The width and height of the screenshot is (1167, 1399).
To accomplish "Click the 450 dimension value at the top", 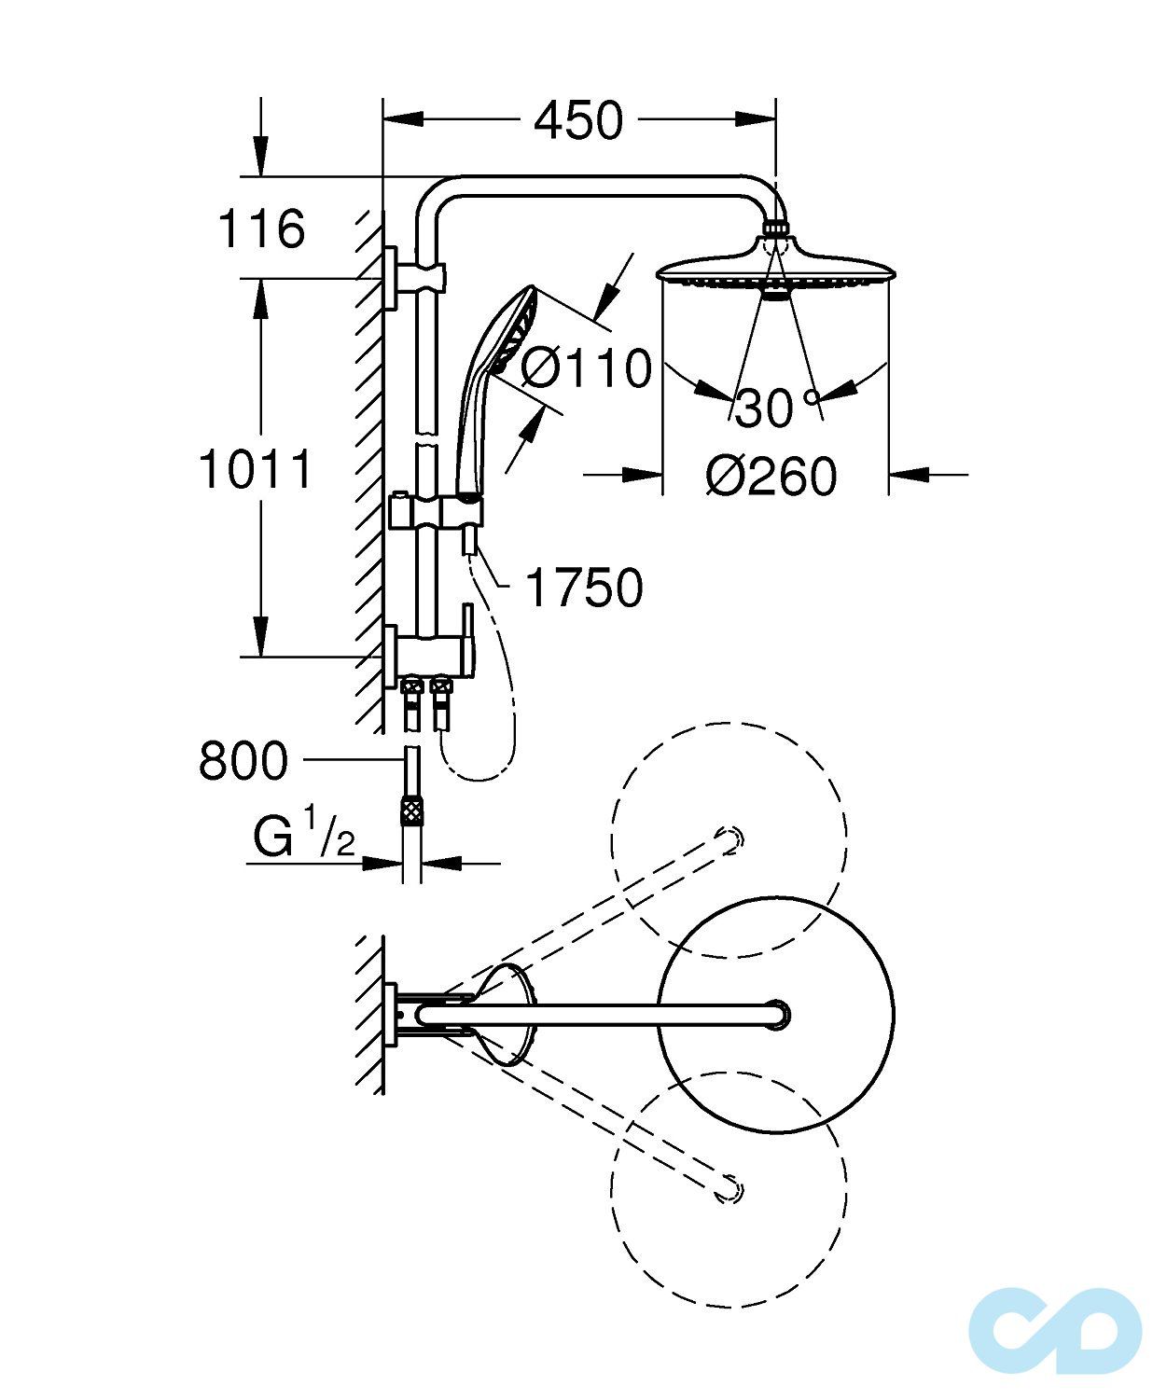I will point(578,121).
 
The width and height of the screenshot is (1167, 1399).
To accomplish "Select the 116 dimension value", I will point(261,229).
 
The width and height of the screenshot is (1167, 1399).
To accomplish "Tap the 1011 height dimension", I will point(256,469).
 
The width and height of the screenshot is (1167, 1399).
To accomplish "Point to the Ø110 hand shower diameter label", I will point(586,368).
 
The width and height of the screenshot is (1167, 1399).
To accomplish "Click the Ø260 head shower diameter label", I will point(772,476).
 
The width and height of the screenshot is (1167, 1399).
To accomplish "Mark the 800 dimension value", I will point(243,761).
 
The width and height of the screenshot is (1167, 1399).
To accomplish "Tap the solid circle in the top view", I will point(776,1013).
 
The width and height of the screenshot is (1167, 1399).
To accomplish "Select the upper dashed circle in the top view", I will point(729,839).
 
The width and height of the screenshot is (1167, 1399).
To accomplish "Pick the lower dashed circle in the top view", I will point(729,1186).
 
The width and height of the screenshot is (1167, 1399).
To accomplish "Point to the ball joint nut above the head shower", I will point(776,229).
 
